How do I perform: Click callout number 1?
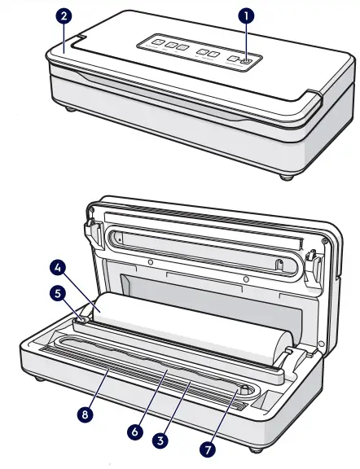245,15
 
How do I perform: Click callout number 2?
64,15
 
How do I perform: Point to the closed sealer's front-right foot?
286,176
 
